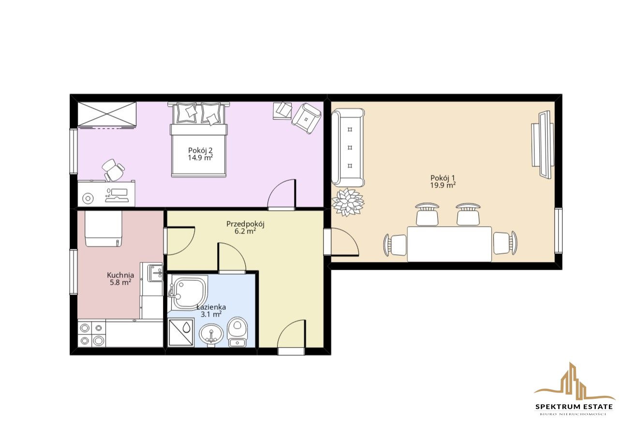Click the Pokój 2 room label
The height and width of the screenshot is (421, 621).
[200, 150]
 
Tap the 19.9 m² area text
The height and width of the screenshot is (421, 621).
[443, 185]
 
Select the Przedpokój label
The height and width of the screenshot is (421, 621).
[245, 224]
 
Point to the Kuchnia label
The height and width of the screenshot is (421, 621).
[120, 275]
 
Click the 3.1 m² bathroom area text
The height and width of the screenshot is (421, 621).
[211, 314]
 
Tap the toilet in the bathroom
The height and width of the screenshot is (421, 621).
[237, 332]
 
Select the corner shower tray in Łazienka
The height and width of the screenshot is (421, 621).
[188, 292]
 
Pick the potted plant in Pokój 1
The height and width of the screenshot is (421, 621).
[348, 202]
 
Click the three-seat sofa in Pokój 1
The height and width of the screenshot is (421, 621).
[348, 147]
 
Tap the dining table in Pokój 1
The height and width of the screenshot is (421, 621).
[449, 244]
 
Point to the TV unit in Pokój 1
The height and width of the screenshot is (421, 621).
[543, 145]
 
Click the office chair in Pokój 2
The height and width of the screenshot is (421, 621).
[113, 170]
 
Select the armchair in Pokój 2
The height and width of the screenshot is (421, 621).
[306, 118]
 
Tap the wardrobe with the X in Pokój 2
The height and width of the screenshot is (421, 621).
[107, 114]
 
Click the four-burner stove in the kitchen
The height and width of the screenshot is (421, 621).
[91, 334]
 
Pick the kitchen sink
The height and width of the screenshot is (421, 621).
[155, 273]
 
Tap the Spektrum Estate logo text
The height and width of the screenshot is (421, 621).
[574, 407]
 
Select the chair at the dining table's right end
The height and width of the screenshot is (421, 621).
[505, 243]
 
